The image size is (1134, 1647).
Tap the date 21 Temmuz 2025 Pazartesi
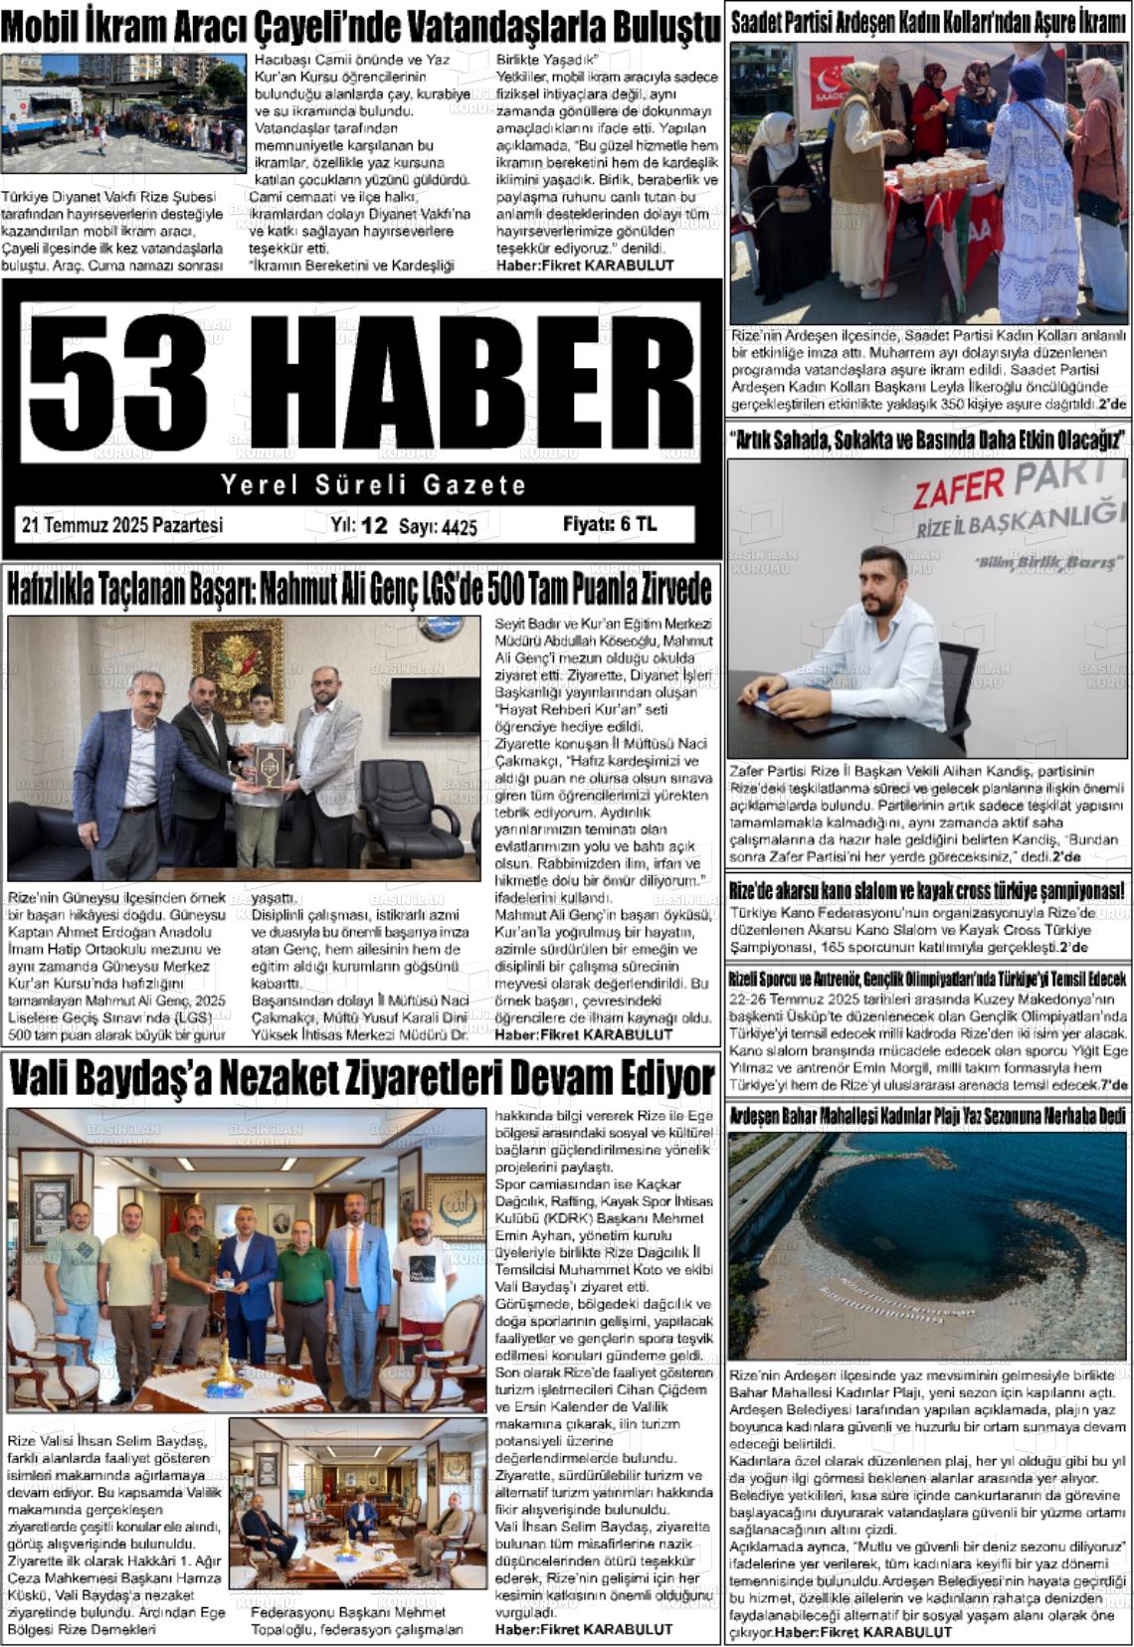(121, 525)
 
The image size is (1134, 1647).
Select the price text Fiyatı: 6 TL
(609, 524)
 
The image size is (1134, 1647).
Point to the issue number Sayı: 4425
(438, 527)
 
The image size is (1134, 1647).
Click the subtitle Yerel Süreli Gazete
(373, 485)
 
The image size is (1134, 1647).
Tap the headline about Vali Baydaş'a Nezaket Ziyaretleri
(361, 1078)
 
